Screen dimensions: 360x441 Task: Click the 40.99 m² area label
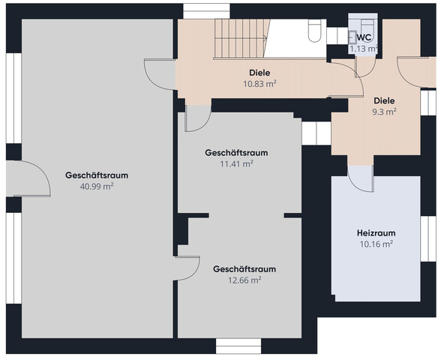[x=96, y=186]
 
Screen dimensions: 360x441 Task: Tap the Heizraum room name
[x=376, y=233]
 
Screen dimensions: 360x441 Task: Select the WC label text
[x=364, y=37]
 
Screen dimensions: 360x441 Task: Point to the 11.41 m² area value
[x=236, y=163]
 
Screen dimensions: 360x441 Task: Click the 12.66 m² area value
[x=244, y=280]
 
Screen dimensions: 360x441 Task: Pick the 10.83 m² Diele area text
[x=259, y=84]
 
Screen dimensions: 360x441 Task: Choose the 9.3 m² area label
[x=385, y=111]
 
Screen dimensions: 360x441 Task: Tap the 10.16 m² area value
[x=376, y=244]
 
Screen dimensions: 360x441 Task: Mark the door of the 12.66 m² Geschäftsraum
[x=187, y=268]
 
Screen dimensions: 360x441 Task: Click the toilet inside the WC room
[x=353, y=35]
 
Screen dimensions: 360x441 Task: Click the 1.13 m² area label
[x=364, y=49]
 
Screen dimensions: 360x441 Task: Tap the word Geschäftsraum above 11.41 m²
[x=236, y=152]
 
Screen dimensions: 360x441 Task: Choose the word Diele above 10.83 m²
[x=259, y=73]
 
